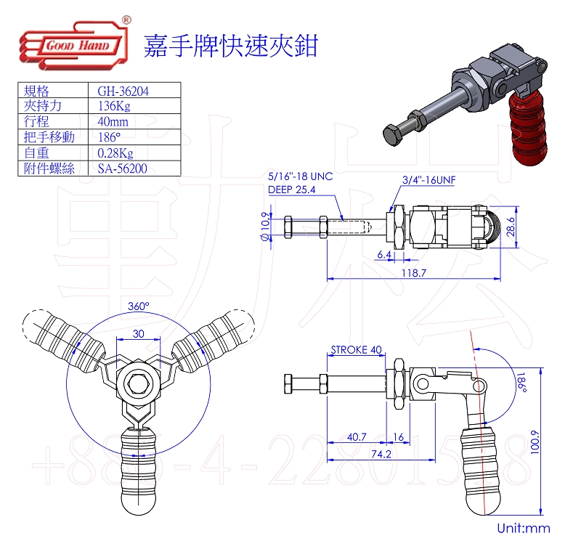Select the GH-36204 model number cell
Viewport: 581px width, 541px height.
click(123, 91)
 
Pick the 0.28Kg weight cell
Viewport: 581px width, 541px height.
click(115, 153)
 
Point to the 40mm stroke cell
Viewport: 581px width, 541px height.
click(113, 122)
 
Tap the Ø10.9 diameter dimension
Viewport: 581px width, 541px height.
click(266, 229)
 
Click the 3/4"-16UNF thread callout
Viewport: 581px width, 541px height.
click(434, 179)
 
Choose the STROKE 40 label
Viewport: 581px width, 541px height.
click(356, 349)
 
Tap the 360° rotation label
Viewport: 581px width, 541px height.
click(138, 306)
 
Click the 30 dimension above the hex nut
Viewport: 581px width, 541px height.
click(137, 333)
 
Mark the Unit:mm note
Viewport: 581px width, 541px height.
click(523, 529)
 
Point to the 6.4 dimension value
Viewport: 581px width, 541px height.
click(385, 255)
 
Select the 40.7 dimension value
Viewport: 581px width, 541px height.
click(357, 436)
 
